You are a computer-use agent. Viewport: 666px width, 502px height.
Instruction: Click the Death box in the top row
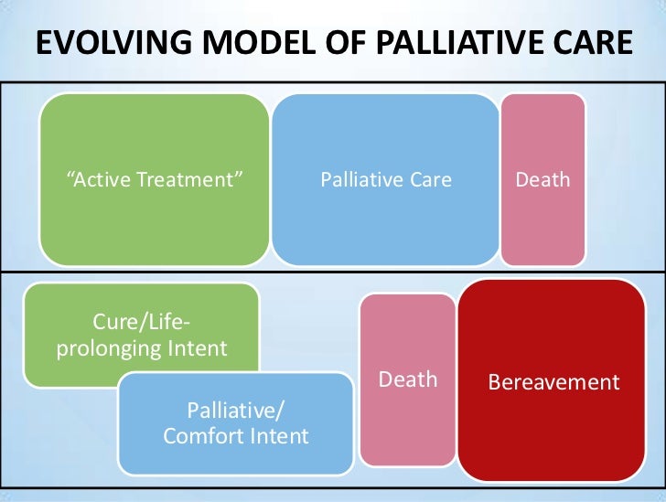pos(542,219)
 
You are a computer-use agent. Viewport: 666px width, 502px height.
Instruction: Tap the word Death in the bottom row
pos(408,379)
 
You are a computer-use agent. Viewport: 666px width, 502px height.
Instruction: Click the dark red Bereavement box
pos(553,421)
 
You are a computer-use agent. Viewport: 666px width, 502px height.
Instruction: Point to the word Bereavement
pos(554,382)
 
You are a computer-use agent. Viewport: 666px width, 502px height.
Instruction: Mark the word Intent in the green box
pos(197,348)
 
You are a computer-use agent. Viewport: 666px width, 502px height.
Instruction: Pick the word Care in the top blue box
pos(429,180)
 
